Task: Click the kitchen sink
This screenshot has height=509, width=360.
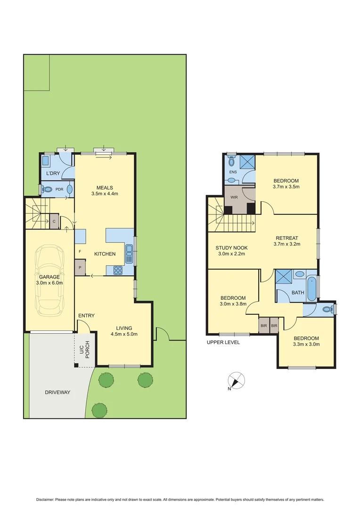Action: [129, 254]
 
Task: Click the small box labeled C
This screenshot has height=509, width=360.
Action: [54, 221]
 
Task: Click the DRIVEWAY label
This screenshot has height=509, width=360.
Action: [58, 392]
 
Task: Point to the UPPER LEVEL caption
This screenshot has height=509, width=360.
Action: [223, 342]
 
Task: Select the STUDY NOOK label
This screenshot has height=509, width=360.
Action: [231, 248]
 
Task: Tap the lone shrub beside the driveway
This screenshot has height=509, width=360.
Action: [99, 410]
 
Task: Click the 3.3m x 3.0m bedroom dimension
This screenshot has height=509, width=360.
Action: [306, 344]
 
